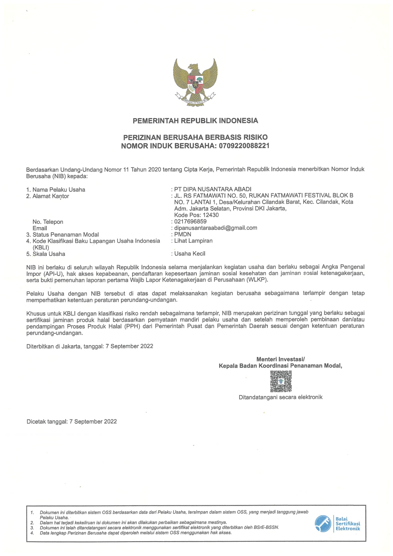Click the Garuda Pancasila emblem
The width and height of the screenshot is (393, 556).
[x=195, y=82]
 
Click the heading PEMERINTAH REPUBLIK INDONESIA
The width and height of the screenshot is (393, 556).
[x=195, y=121]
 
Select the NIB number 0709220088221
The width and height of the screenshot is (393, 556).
[x=244, y=146]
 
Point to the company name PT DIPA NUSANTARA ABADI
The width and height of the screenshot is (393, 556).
[x=213, y=189]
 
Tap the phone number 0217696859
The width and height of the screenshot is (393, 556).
[x=190, y=221]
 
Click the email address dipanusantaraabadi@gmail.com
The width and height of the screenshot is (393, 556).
[x=215, y=228]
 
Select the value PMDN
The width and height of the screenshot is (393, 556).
[x=183, y=234]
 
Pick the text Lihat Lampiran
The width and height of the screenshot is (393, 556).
[x=193, y=241]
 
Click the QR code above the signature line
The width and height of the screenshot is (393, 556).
[x=281, y=381]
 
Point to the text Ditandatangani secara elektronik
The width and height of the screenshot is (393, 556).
[x=280, y=397]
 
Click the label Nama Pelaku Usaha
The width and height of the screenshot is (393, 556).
[x=59, y=190]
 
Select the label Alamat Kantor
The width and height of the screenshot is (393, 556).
[x=51, y=196]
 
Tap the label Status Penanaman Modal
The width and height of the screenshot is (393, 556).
[x=65, y=235]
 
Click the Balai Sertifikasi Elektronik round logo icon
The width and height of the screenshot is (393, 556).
[x=323, y=524]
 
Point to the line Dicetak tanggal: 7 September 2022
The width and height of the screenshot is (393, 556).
[x=72, y=422]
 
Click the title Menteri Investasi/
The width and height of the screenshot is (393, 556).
[x=280, y=359]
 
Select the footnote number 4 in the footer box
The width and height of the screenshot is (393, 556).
[x=32, y=533]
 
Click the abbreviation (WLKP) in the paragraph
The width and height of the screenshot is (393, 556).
[x=258, y=280]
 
